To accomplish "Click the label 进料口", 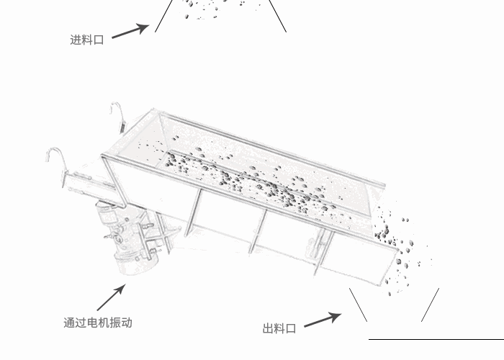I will click(87, 40).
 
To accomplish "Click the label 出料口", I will click(279, 329).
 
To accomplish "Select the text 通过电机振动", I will click(98, 323).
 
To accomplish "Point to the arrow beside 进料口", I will click(130, 32).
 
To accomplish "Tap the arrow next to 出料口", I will click(322, 320).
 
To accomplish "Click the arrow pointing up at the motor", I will click(111, 298).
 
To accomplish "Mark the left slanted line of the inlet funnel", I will click(164, 15).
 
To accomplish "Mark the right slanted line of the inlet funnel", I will click(278, 16).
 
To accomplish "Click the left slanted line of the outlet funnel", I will click(358, 305).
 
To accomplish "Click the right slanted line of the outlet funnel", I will click(431, 305).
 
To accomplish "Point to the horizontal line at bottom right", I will click(436, 338).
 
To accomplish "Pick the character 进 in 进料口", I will click(76, 40).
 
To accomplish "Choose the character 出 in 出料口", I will click(268, 329).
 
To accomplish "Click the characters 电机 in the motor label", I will click(98, 323).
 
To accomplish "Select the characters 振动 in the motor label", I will click(121, 323).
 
